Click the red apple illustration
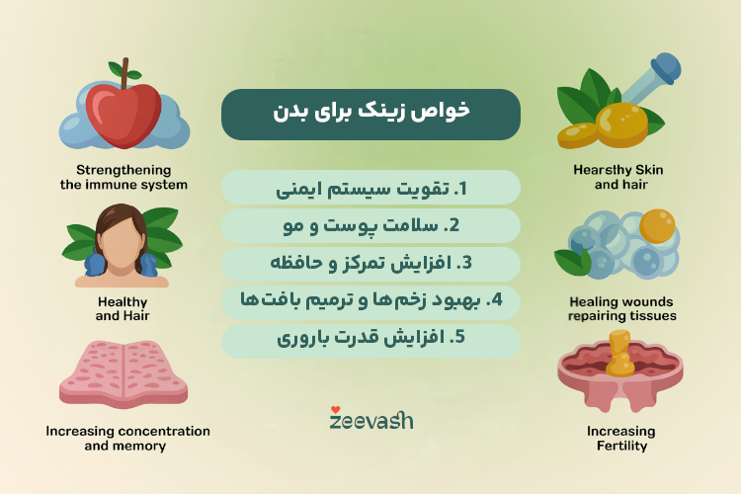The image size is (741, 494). pyautogui.click(x=123, y=111)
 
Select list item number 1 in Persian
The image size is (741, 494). pyautogui.click(x=370, y=187)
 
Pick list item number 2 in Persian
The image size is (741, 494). pyautogui.click(x=370, y=225)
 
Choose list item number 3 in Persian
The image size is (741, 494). pyautogui.click(x=370, y=264)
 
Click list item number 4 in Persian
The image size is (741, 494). pyautogui.click(x=370, y=301)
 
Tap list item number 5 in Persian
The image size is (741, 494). pyautogui.click(x=370, y=340)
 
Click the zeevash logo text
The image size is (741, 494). pyautogui.click(x=370, y=421)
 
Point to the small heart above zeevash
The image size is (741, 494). pyautogui.click(x=336, y=408)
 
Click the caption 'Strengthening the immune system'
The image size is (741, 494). pyautogui.click(x=123, y=177)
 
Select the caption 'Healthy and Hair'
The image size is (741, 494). pyautogui.click(x=123, y=308)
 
